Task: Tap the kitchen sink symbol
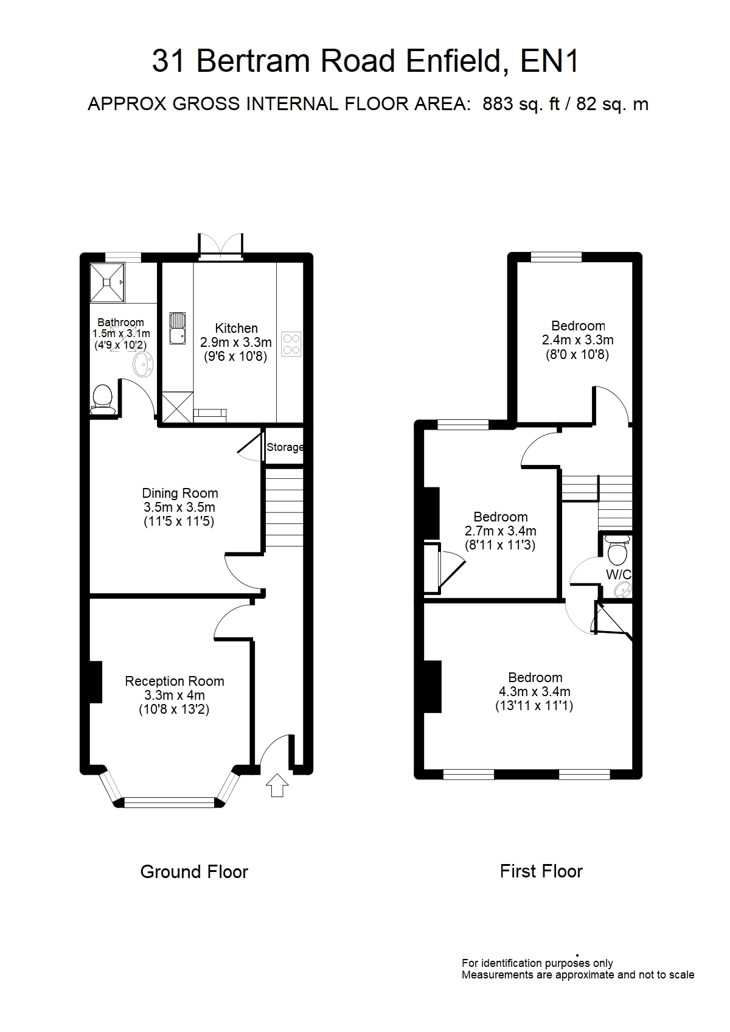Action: (177, 328)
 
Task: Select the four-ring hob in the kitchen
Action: (291, 344)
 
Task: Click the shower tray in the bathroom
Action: (107, 282)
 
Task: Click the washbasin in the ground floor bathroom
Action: (143, 364)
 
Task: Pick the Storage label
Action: (285, 447)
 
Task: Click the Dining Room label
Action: (179, 493)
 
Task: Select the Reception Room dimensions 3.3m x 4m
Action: (175, 696)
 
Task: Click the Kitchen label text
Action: (236, 328)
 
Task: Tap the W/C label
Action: (618, 574)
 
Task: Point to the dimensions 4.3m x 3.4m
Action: (535, 691)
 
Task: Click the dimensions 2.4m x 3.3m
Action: (577, 340)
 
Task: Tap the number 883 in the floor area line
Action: (498, 104)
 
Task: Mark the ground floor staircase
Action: (285, 507)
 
